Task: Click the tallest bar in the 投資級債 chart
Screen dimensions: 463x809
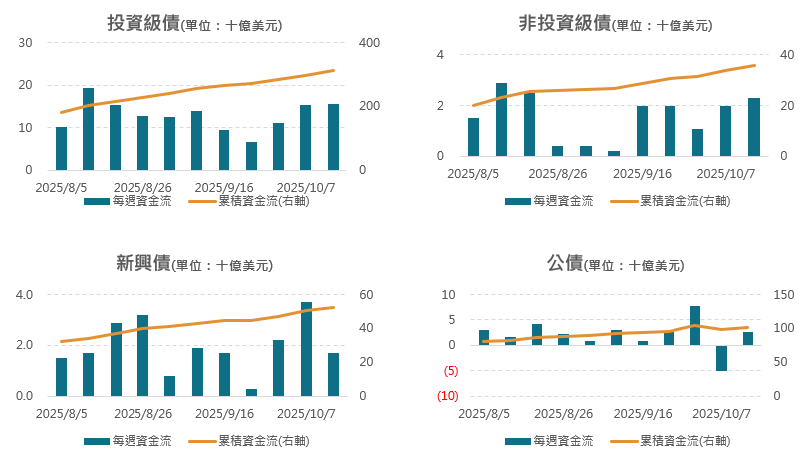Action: coord(88,129)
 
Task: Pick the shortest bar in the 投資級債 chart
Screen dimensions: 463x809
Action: coord(251,156)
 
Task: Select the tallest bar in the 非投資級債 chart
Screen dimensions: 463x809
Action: coord(501,119)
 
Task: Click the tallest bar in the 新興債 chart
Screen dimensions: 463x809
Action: coord(306,349)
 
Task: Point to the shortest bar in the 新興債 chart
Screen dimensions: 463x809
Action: coord(251,392)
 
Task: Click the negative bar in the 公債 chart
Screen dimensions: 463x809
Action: coord(721,358)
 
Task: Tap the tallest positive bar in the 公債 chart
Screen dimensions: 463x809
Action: coord(694,325)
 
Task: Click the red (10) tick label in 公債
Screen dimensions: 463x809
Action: coord(447,396)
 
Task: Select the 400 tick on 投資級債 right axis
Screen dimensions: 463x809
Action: coord(369,43)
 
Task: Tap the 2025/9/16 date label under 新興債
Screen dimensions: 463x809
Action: coord(224,413)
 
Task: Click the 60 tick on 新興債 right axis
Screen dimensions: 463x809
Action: coord(366,295)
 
